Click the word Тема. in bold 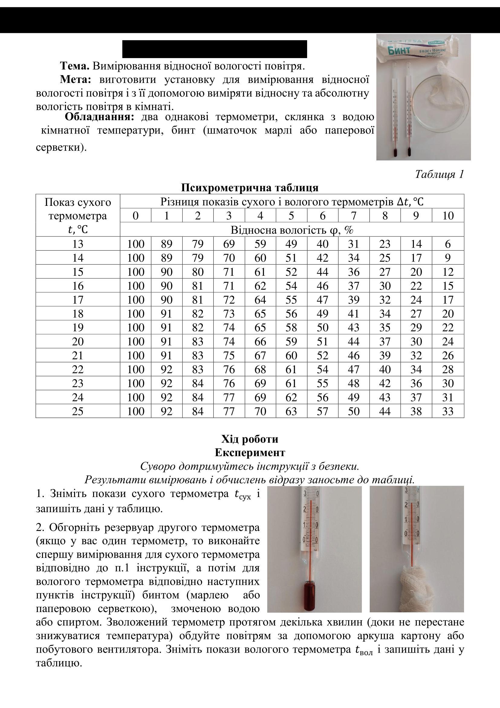pos(74,66)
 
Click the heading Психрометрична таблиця pos(250,187)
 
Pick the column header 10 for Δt pos(448,216)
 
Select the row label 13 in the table pos(78,244)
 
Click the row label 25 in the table pos(78,411)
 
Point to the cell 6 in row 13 pos(448,244)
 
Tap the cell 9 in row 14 pos(448,258)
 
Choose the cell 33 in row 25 pos(448,411)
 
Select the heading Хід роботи pos(250,439)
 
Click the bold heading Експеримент pos(250,453)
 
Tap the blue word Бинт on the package pos(399,50)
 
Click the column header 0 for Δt pos(135,216)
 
